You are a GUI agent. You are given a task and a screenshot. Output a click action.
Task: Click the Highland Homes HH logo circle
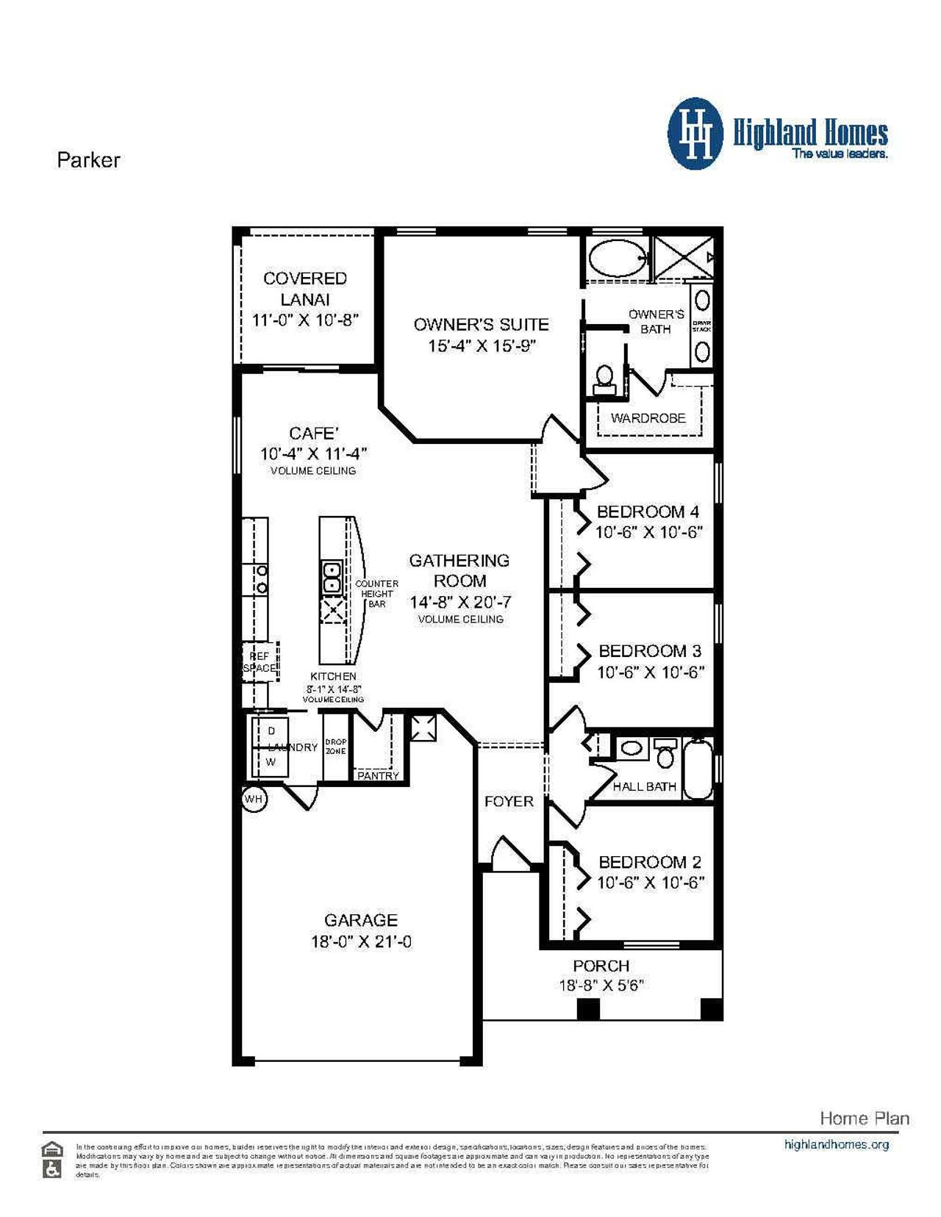coord(695,134)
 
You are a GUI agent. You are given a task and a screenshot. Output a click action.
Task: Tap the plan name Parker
coord(88,160)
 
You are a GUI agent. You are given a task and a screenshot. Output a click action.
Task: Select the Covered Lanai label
coord(305,288)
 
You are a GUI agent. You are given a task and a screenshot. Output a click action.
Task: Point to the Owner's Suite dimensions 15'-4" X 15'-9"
coord(482,345)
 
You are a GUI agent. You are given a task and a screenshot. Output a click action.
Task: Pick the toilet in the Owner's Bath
coord(604,377)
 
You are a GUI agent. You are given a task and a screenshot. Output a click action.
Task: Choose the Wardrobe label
coord(648,418)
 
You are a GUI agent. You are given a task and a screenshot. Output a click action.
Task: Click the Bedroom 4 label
coord(648,511)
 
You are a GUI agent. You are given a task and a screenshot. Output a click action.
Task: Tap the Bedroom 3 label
coord(650,650)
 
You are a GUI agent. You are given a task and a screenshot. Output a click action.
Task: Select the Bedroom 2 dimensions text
coord(650,883)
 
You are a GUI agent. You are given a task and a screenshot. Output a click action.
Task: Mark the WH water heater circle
coord(254,799)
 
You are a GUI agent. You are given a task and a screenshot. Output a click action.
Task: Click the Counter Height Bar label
coord(376,593)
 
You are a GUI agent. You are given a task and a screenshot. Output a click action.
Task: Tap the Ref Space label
coord(260,662)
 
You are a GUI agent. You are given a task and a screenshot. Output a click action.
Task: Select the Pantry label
coord(378,775)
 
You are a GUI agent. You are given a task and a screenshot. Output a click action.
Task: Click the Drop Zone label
coord(336,747)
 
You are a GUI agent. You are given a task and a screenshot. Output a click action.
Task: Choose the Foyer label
coord(509,801)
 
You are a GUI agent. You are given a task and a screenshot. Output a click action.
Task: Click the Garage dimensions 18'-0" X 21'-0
coord(361,941)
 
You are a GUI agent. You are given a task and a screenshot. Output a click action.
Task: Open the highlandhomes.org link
coord(836,1144)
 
